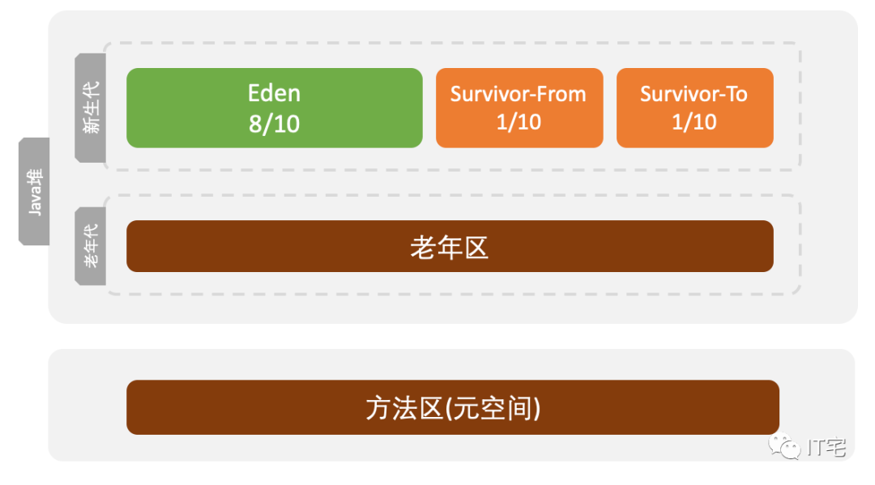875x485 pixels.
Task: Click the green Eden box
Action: [274, 108]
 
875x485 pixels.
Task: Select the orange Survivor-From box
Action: [519, 108]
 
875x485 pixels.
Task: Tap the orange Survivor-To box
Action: [694, 108]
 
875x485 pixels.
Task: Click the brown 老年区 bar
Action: [450, 246]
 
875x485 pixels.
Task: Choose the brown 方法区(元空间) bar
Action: [452, 407]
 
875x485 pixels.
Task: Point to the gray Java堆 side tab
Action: [34, 191]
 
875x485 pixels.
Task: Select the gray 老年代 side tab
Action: [90, 246]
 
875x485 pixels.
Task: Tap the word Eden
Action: [274, 93]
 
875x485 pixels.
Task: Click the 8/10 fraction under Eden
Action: [274, 124]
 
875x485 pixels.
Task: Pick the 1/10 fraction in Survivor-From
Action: [519, 122]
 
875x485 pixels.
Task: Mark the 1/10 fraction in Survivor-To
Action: [694, 122]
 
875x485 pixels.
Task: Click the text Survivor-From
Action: [519, 94]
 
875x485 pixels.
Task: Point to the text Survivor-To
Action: [694, 94]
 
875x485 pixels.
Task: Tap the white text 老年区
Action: [450, 247]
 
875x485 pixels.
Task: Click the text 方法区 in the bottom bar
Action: [403, 408]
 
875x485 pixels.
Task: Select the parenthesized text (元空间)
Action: [493, 408]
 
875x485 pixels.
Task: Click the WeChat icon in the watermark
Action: [785, 445]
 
